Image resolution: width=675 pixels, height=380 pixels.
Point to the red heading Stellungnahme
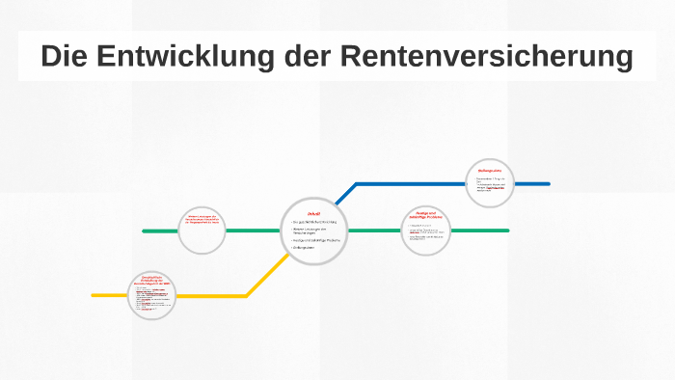tap(490, 171)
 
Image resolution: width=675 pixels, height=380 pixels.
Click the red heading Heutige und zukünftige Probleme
tap(426, 214)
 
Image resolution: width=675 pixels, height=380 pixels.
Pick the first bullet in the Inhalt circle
tap(314, 222)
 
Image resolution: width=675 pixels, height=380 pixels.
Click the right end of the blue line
tap(548, 183)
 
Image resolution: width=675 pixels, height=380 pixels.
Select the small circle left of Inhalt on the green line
tap(203, 231)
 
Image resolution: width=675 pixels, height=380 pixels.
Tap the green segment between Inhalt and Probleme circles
tap(374, 231)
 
